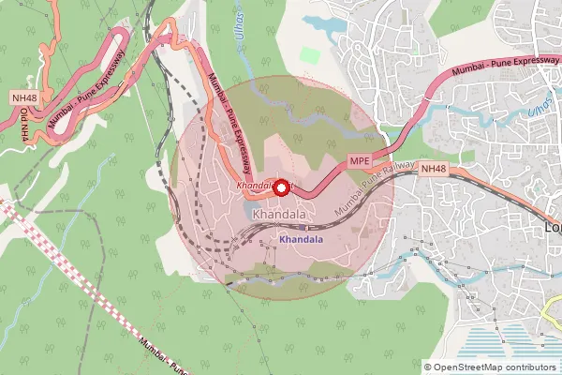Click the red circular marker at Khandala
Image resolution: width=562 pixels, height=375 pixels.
pyautogui.click(x=280, y=187)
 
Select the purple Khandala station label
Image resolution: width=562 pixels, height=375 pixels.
pyautogui.click(x=301, y=240)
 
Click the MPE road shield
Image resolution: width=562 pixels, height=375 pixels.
pyautogui.click(x=361, y=161)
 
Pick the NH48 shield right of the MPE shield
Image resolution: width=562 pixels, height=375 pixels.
pyautogui.click(x=433, y=169)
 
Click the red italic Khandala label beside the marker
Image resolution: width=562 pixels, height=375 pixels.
pyautogui.click(x=255, y=187)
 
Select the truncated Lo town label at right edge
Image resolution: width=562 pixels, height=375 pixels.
pyautogui.click(x=553, y=228)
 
